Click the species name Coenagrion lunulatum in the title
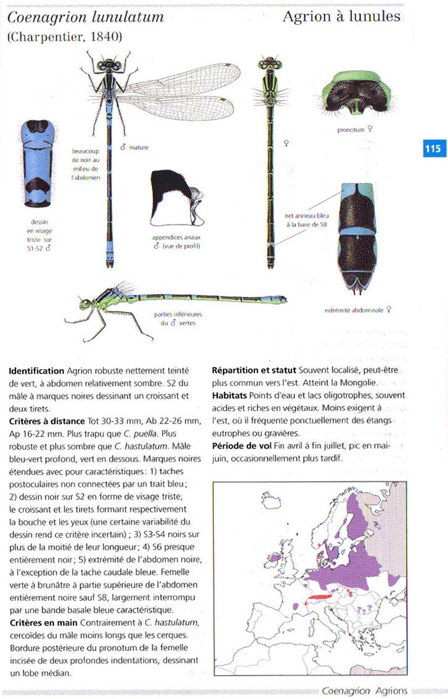pyautogui.click(x=86, y=17)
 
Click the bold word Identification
pyautogui.click(x=36, y=370)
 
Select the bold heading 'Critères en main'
pyautogui.click(x=43, y=622)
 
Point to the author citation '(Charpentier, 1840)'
pyautogui.click(x=65, y=37)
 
